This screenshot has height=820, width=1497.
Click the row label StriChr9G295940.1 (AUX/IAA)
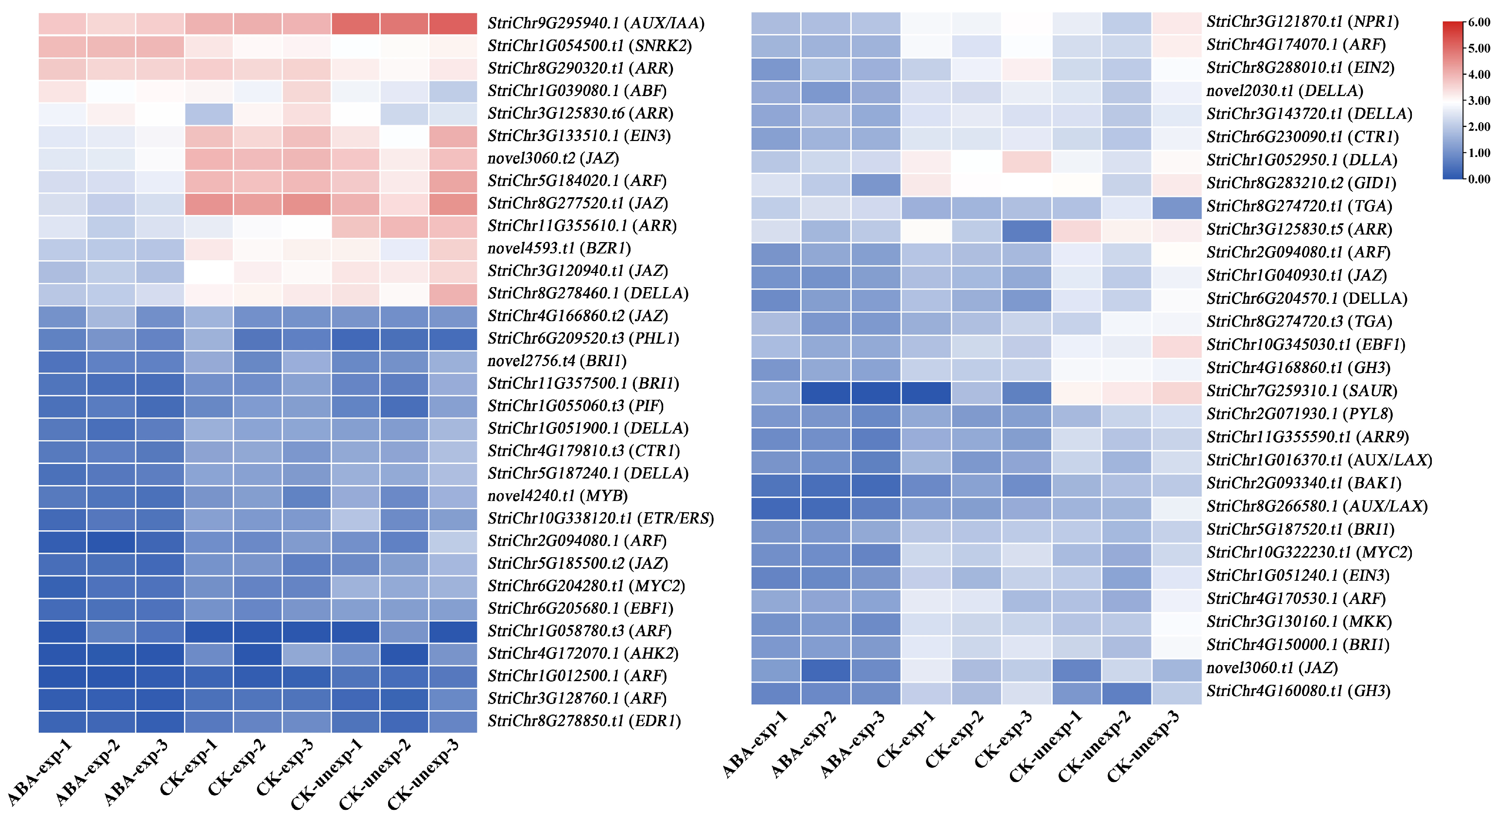[x=596, y=23]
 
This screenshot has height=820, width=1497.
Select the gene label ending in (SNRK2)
[x=589, y=46]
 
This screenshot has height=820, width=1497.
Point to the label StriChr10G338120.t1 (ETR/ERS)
[x=600, y=518]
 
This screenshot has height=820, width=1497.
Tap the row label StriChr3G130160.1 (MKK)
[x=1299, y=622]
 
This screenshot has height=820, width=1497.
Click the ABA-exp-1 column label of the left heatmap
[x=39, y=773]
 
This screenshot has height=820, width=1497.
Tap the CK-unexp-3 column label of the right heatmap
[x=1143, y=747]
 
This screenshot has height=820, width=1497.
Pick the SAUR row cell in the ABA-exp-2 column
[x=826, y=393]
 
